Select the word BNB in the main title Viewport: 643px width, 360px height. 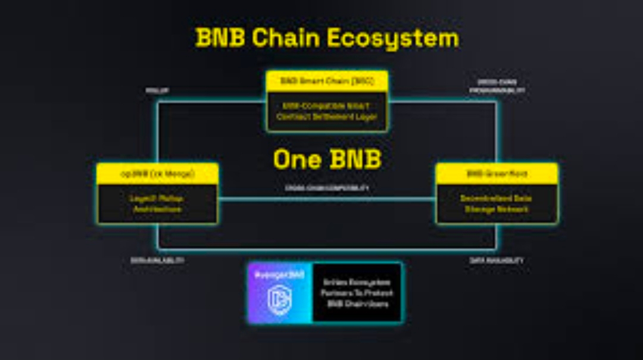[220, 38]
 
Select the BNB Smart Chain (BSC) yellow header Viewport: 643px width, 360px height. [327, 81]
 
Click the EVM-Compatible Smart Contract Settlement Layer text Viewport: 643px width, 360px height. [327, 111]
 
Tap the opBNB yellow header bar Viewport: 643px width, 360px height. [157, 174]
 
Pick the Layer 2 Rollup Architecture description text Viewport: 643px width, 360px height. [157, 204]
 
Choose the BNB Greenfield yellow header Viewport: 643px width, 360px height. [497, 174]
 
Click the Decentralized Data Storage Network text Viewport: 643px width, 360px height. [497, 204]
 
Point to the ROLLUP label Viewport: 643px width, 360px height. [157, 90]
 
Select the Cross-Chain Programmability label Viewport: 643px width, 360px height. [497, 86]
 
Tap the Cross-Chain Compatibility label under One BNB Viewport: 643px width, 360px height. [327, 187]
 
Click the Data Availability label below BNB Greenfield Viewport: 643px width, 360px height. [497, 261]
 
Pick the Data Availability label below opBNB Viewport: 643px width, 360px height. [157, 261]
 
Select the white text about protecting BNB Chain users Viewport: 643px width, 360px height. [357, 293]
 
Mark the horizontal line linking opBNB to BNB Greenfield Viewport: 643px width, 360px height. [327, 199]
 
